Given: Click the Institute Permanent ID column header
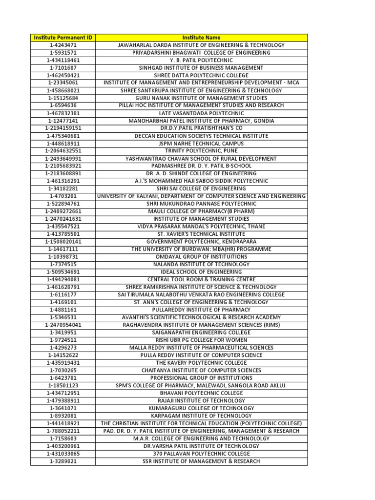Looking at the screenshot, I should (62, 38).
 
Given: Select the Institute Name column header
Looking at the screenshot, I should (201, 38).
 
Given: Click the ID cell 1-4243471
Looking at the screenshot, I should (62, 45).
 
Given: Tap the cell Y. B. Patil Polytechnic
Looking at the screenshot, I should (201, 60).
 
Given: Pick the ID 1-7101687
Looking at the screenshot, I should (62, 68).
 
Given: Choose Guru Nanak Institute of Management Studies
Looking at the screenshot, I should (201, 98).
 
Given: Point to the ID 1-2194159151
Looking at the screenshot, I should (62, 128).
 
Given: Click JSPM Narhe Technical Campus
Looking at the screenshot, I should (201, 144).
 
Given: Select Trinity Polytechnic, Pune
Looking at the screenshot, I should (201, 151).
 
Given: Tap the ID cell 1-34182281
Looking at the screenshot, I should (62, 188).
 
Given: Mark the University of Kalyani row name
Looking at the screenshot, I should (201, 196).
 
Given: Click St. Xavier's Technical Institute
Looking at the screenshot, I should (201, 234).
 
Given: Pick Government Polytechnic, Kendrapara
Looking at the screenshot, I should (201, 242).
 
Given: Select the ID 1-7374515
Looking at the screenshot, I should (62, 264).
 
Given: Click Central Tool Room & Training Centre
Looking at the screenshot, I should (201, 279).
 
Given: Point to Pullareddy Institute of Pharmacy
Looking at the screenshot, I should (201, 310).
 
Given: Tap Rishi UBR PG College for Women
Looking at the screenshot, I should (201, 340).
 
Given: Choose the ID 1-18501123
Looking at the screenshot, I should (62, 385).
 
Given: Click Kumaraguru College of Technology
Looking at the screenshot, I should (201, 408).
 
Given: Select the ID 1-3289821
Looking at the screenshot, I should (62, 461).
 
